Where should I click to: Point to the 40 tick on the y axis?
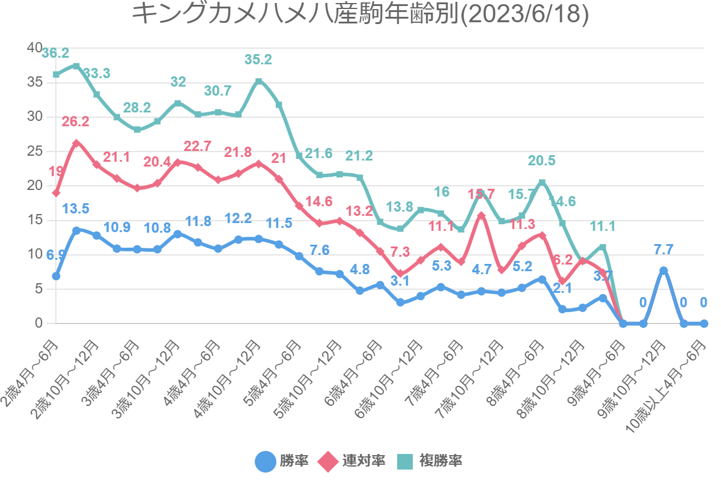pos(34,47)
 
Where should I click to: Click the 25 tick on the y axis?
pos(34,151)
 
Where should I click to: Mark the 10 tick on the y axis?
pos(34,254)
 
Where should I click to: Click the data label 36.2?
pos(55,54)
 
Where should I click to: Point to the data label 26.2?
pos(76,121)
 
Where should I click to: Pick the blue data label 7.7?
pos(663,249)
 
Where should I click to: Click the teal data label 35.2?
pos(258,60)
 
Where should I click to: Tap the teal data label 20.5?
pos(542,161)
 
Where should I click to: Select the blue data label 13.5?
pos(76,209)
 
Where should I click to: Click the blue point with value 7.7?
pos(664,271)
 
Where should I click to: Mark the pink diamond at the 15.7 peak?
pos(481,215)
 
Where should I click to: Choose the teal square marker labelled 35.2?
pos(258,81)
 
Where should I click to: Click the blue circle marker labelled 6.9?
pos(56,276)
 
